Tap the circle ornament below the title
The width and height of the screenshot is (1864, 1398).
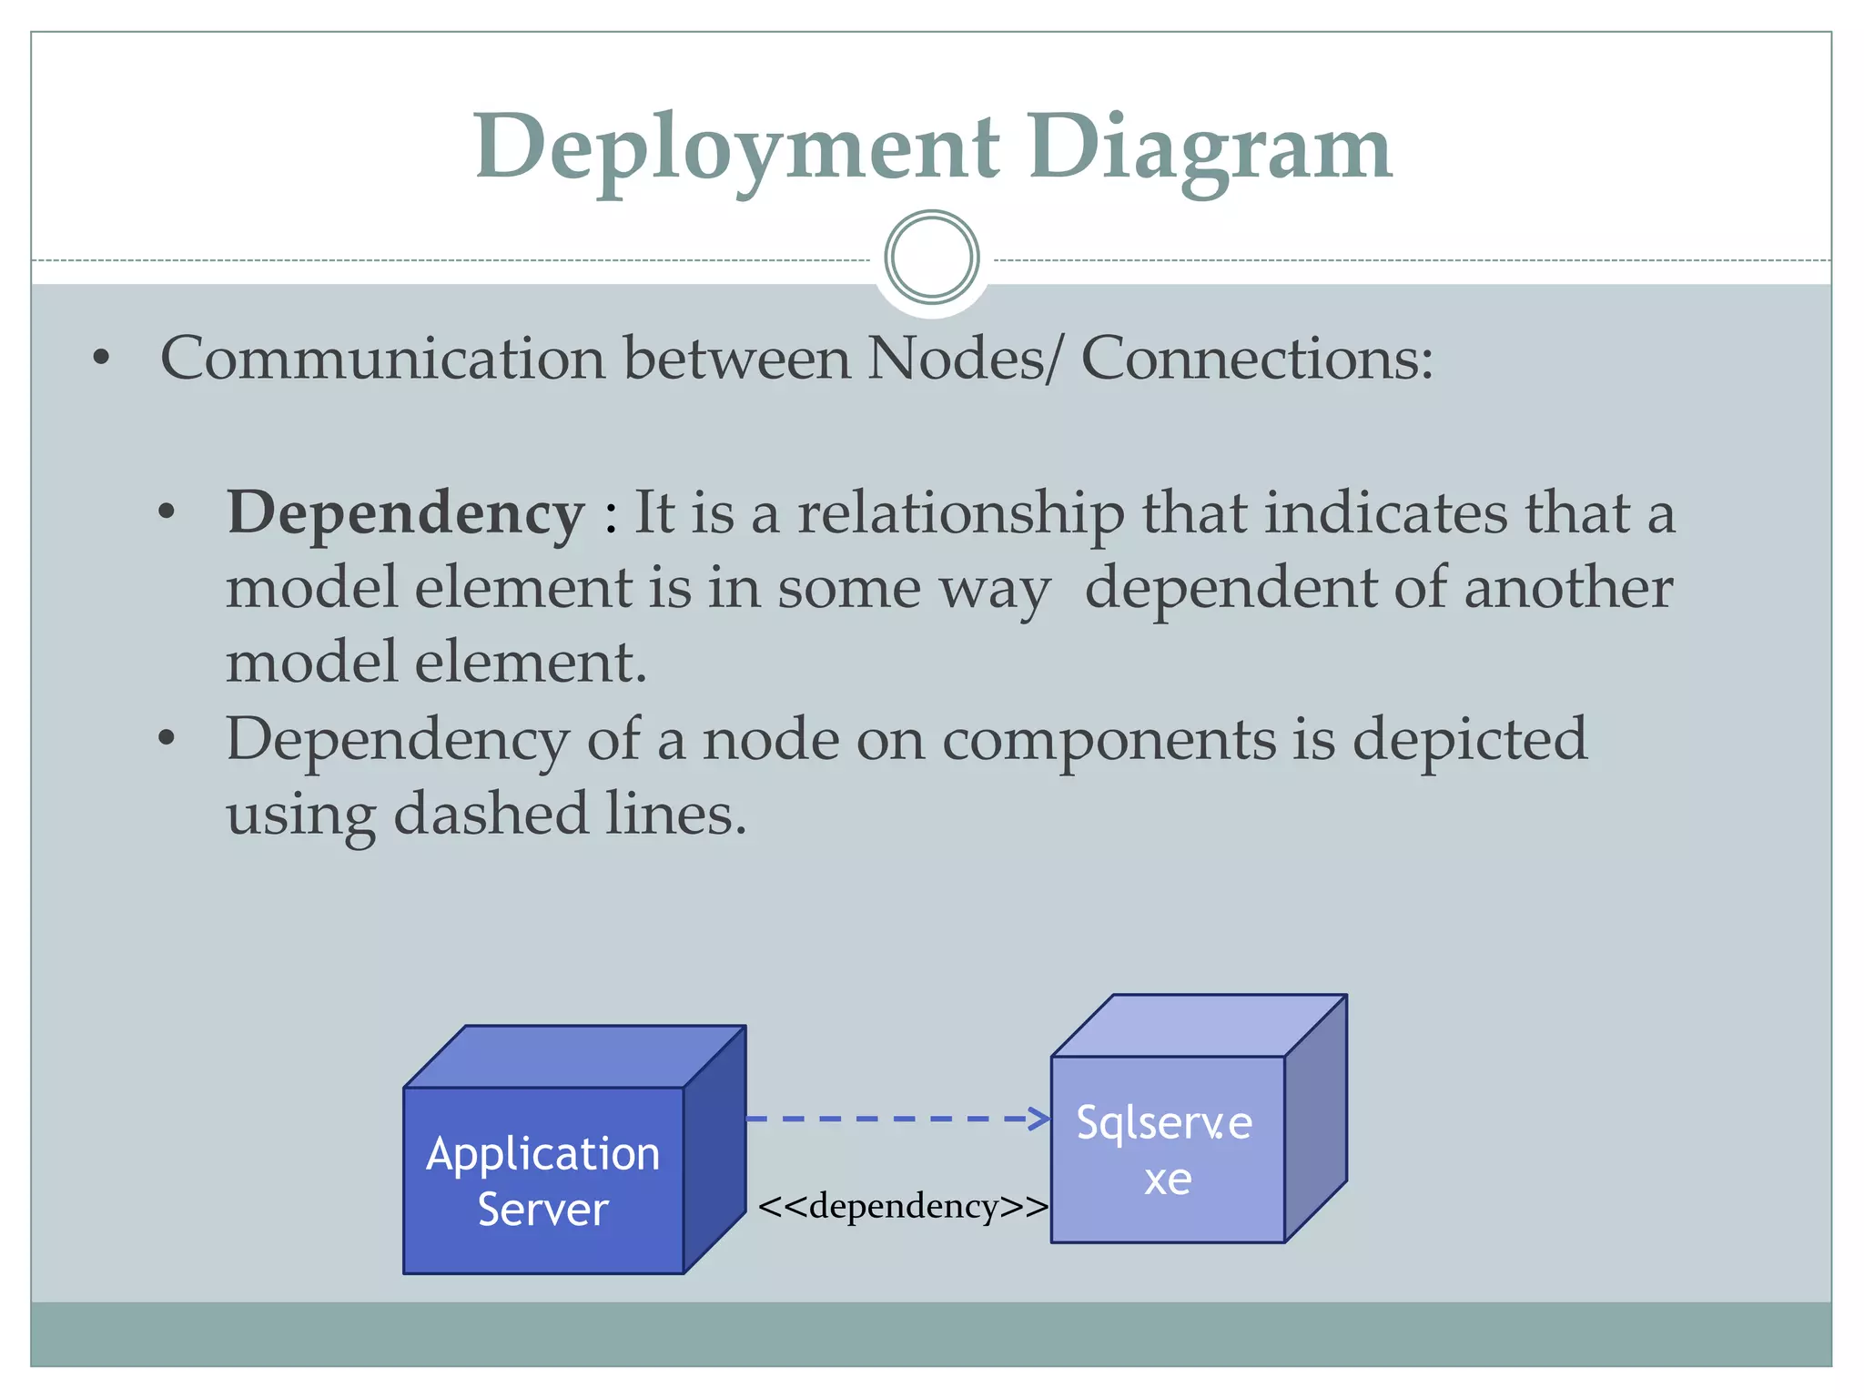[931, 258]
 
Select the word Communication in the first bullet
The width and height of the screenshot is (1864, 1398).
[382, 359]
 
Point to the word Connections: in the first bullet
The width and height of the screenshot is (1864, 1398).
[1256, 359]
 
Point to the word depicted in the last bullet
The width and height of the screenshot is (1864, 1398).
[1469, 739]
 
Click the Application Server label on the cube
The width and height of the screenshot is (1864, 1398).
[543, 1181]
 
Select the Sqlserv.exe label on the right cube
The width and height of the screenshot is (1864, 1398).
[1165, 1150]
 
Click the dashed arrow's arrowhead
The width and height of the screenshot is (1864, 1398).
[1040, 1119]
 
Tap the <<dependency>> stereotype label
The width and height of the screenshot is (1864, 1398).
[903, 1207]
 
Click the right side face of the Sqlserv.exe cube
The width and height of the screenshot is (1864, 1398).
[1315, 1119]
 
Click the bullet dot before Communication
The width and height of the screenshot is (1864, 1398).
[101, 359]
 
